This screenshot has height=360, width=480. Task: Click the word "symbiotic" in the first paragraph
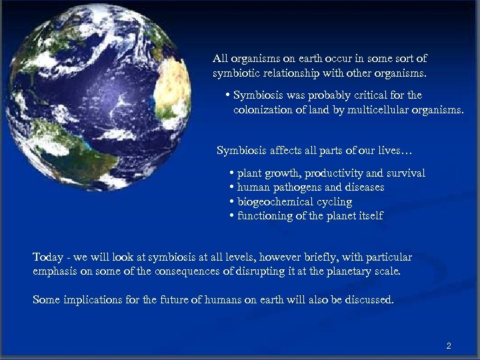235,72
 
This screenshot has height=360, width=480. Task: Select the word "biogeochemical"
275,202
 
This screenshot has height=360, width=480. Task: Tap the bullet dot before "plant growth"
231,173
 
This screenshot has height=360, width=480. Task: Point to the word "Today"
47,257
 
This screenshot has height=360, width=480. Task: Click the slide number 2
449,346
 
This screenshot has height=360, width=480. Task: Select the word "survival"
404,173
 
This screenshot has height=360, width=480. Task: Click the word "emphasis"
54,271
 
